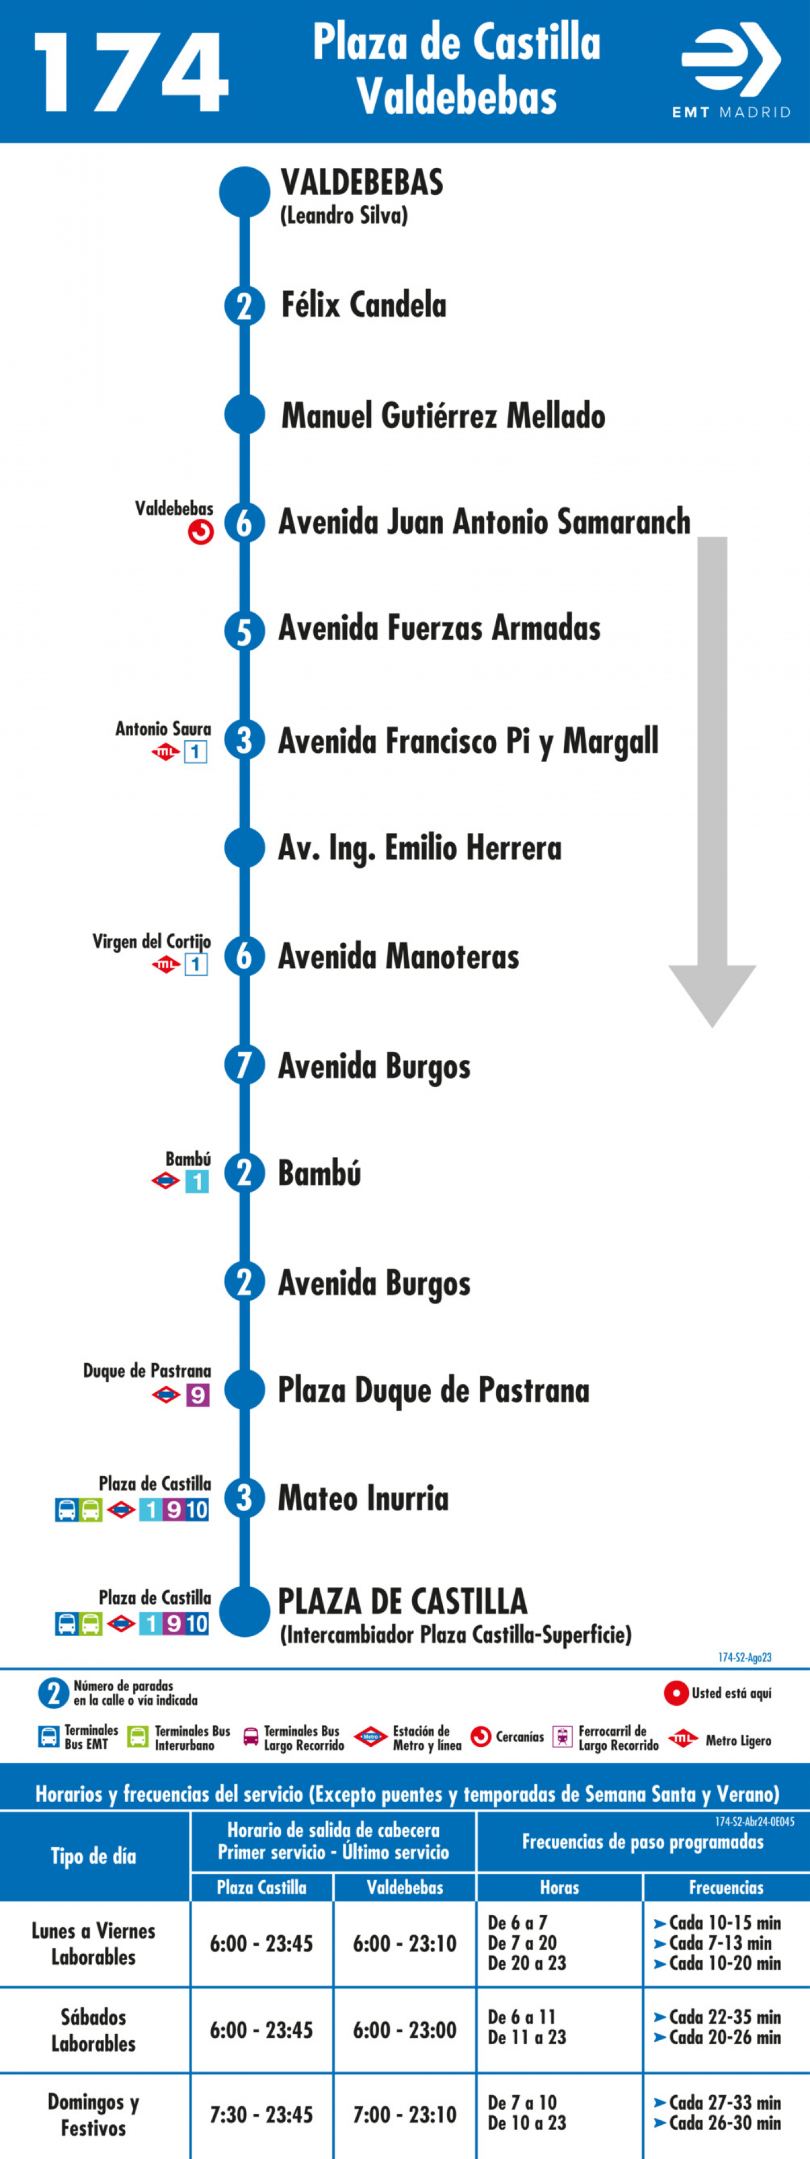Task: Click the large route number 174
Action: pyautogui.click(x=131, y=73)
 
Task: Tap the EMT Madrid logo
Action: pyautogui.click(x=731, y=71)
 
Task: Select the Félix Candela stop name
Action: pyautogui.click(x=364, y=304)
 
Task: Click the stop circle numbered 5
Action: pyautogui.click(x=244, y=630)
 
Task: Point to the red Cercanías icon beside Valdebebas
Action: pyautogui.click(x=200, y=531)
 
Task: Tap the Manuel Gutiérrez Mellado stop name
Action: pyautogui.click(x=443, y=416)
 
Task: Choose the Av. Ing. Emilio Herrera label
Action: pyautogui.click(x=420, y=848)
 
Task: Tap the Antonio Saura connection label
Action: pyautogui.click(x=163, y=729)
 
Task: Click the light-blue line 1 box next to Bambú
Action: pyautogui.click(x=197, y=1181)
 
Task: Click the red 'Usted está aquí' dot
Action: pyautogui.click(x=676, y=1693)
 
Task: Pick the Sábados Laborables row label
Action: pyautogui.click(x=93, y=2030)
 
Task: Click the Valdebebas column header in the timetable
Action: pyautogui.click(x=405, y=1887)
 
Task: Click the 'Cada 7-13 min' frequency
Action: pyautogui.click(x=718, y=1943)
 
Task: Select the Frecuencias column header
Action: pyautogui.click(x=726, y=1887)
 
